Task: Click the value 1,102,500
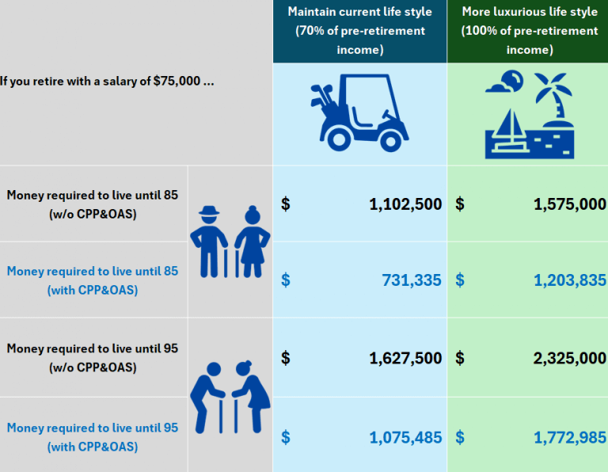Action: tap(405, 204)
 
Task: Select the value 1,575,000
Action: tap(570, 204)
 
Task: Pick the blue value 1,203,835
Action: tap(570, 280)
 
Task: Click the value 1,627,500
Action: tap(405, 359)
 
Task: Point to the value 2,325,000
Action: tap(570, 359)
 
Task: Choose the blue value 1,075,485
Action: tap(405, 437)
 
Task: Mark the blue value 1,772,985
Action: tap(570, 437)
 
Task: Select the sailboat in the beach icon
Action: tap(509, 125)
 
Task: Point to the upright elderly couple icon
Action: tap(230, 241)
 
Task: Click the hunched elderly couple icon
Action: tap(230, 396)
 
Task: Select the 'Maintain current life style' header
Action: tap(359, 31)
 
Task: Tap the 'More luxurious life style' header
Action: tap(528, 31)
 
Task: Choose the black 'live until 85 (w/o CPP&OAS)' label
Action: tap(93, 204)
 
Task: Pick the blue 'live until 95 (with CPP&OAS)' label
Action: tap(93, 437)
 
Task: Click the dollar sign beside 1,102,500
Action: tap(286, 204)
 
